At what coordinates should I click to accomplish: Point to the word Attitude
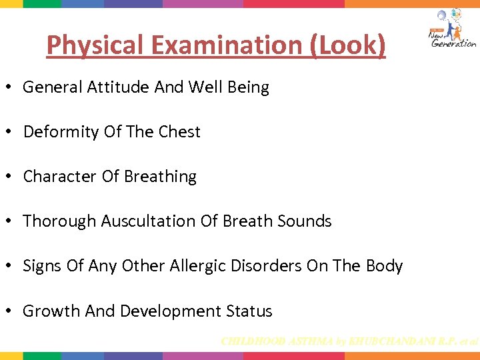(115, 87)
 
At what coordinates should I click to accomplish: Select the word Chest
(179, 132)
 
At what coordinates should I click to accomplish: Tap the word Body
(384, 266)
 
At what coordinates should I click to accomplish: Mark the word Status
(249, 311)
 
